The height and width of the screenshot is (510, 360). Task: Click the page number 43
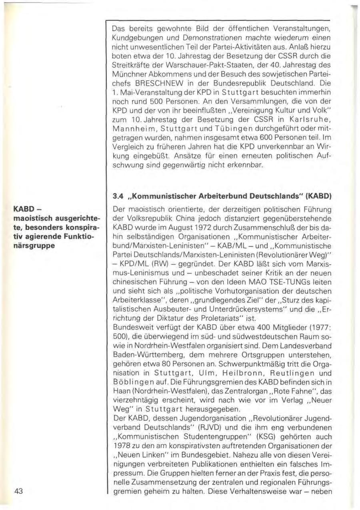coord(21,492)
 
